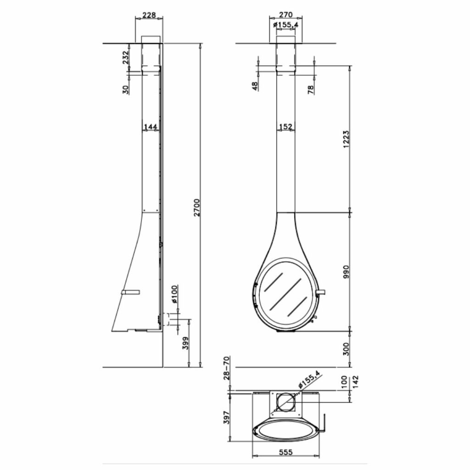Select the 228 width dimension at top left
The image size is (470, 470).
(149, 15)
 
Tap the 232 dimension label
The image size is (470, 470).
(125, 58)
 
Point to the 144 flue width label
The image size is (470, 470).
(151, 127)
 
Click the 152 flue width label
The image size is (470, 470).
(285, 127)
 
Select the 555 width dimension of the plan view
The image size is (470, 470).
(285, 453)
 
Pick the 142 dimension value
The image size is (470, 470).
(355, 381)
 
